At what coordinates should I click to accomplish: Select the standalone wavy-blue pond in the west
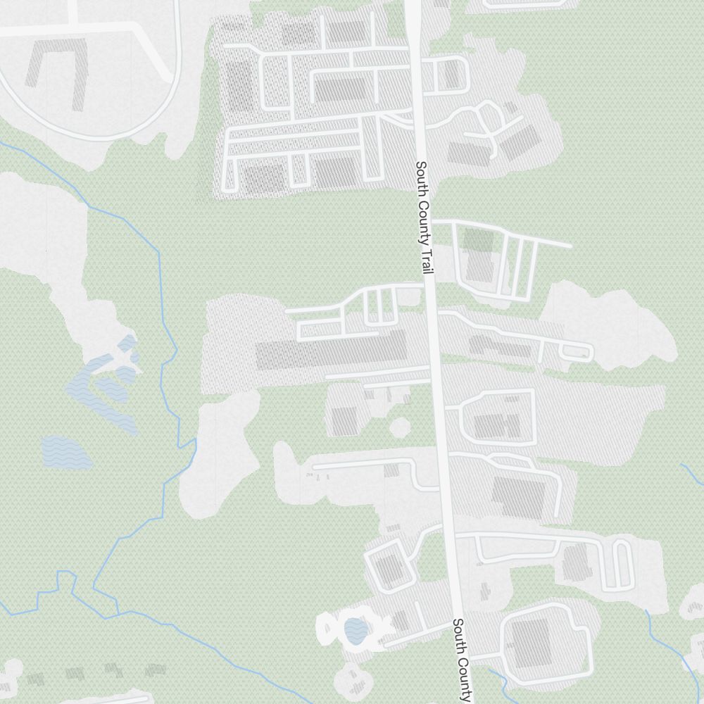66,453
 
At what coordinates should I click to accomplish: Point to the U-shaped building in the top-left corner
56,70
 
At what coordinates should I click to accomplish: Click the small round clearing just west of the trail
400,427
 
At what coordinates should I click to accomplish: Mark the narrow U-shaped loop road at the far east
621,563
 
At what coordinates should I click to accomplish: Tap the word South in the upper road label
421,176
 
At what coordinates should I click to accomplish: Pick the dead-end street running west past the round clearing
366,466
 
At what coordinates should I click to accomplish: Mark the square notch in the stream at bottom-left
65,577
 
